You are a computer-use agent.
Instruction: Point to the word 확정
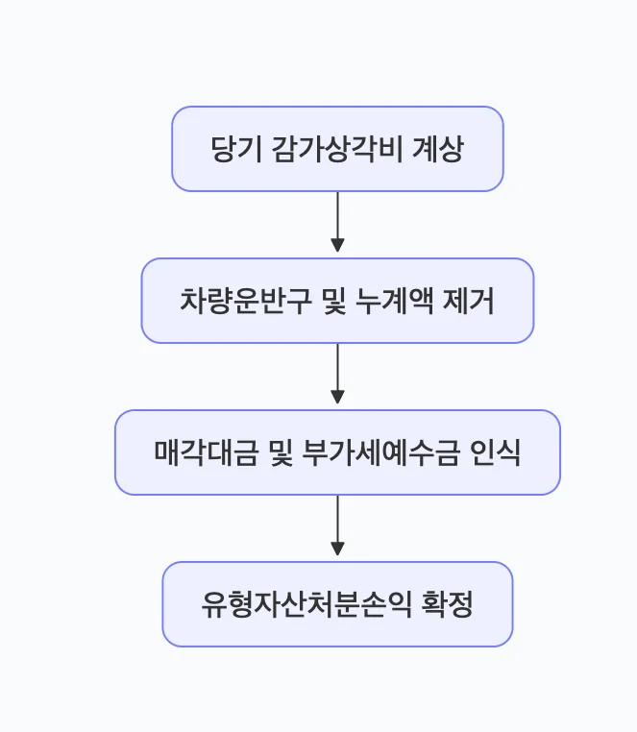pos(448,605)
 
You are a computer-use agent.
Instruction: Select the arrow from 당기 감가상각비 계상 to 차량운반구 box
pos(337,221)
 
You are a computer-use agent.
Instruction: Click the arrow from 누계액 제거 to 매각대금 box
pos(337,373)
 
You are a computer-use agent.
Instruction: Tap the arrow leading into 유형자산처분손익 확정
pos(337,525)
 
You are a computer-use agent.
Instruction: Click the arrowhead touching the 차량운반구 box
pos(337,248)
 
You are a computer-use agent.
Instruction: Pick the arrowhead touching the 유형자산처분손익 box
pos(337,551)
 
